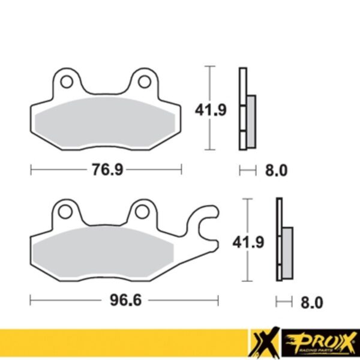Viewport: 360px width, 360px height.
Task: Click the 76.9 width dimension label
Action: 107,170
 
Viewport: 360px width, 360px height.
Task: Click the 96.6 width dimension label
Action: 125,299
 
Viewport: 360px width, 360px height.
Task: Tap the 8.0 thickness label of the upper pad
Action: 276,170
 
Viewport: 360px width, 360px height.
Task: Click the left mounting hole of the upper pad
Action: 66,80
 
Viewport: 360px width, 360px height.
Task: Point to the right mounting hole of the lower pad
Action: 142,211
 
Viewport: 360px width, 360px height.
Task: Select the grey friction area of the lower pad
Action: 102,253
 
